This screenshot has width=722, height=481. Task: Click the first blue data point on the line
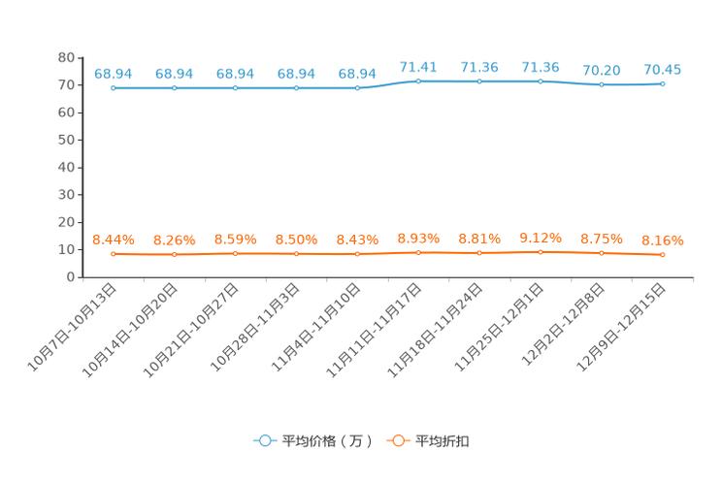[114, 88]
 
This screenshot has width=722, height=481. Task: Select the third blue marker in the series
[236, 88]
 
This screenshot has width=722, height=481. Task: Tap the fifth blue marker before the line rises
[358, 88]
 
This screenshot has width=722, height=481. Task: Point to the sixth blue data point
[418, 81]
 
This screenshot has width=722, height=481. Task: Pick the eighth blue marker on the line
[541, 81]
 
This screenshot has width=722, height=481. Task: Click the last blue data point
[663, 84]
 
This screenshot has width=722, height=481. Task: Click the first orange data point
[114, 255]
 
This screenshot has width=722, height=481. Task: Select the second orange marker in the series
[175, 255]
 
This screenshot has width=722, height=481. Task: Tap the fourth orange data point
[297, 255]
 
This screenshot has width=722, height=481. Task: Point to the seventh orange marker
[479, 254]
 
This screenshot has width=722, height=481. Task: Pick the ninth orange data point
[602, 254]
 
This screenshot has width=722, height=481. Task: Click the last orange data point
[663, 256]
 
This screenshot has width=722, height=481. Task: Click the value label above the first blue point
[114, 73]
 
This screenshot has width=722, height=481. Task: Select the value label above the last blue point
[663, 69]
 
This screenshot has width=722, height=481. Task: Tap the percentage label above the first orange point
[114, 239]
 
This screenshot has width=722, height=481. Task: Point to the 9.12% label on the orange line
[541, 237]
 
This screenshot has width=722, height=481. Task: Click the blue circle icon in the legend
[264, 440]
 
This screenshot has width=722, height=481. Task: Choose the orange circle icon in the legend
[398, 440]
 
